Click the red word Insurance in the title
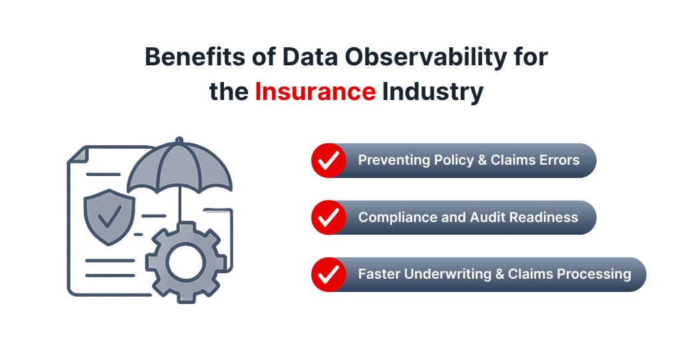coord(315,91)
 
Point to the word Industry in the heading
coord(433,91)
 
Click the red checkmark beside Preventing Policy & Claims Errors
coord(328,161)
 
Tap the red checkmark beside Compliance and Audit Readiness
coord(328,217)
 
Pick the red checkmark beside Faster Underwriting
coord(328,274)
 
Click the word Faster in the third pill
coord(379,274)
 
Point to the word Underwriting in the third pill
coord(447,274)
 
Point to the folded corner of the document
coord(77,155)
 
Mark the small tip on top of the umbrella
coord(178,140)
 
